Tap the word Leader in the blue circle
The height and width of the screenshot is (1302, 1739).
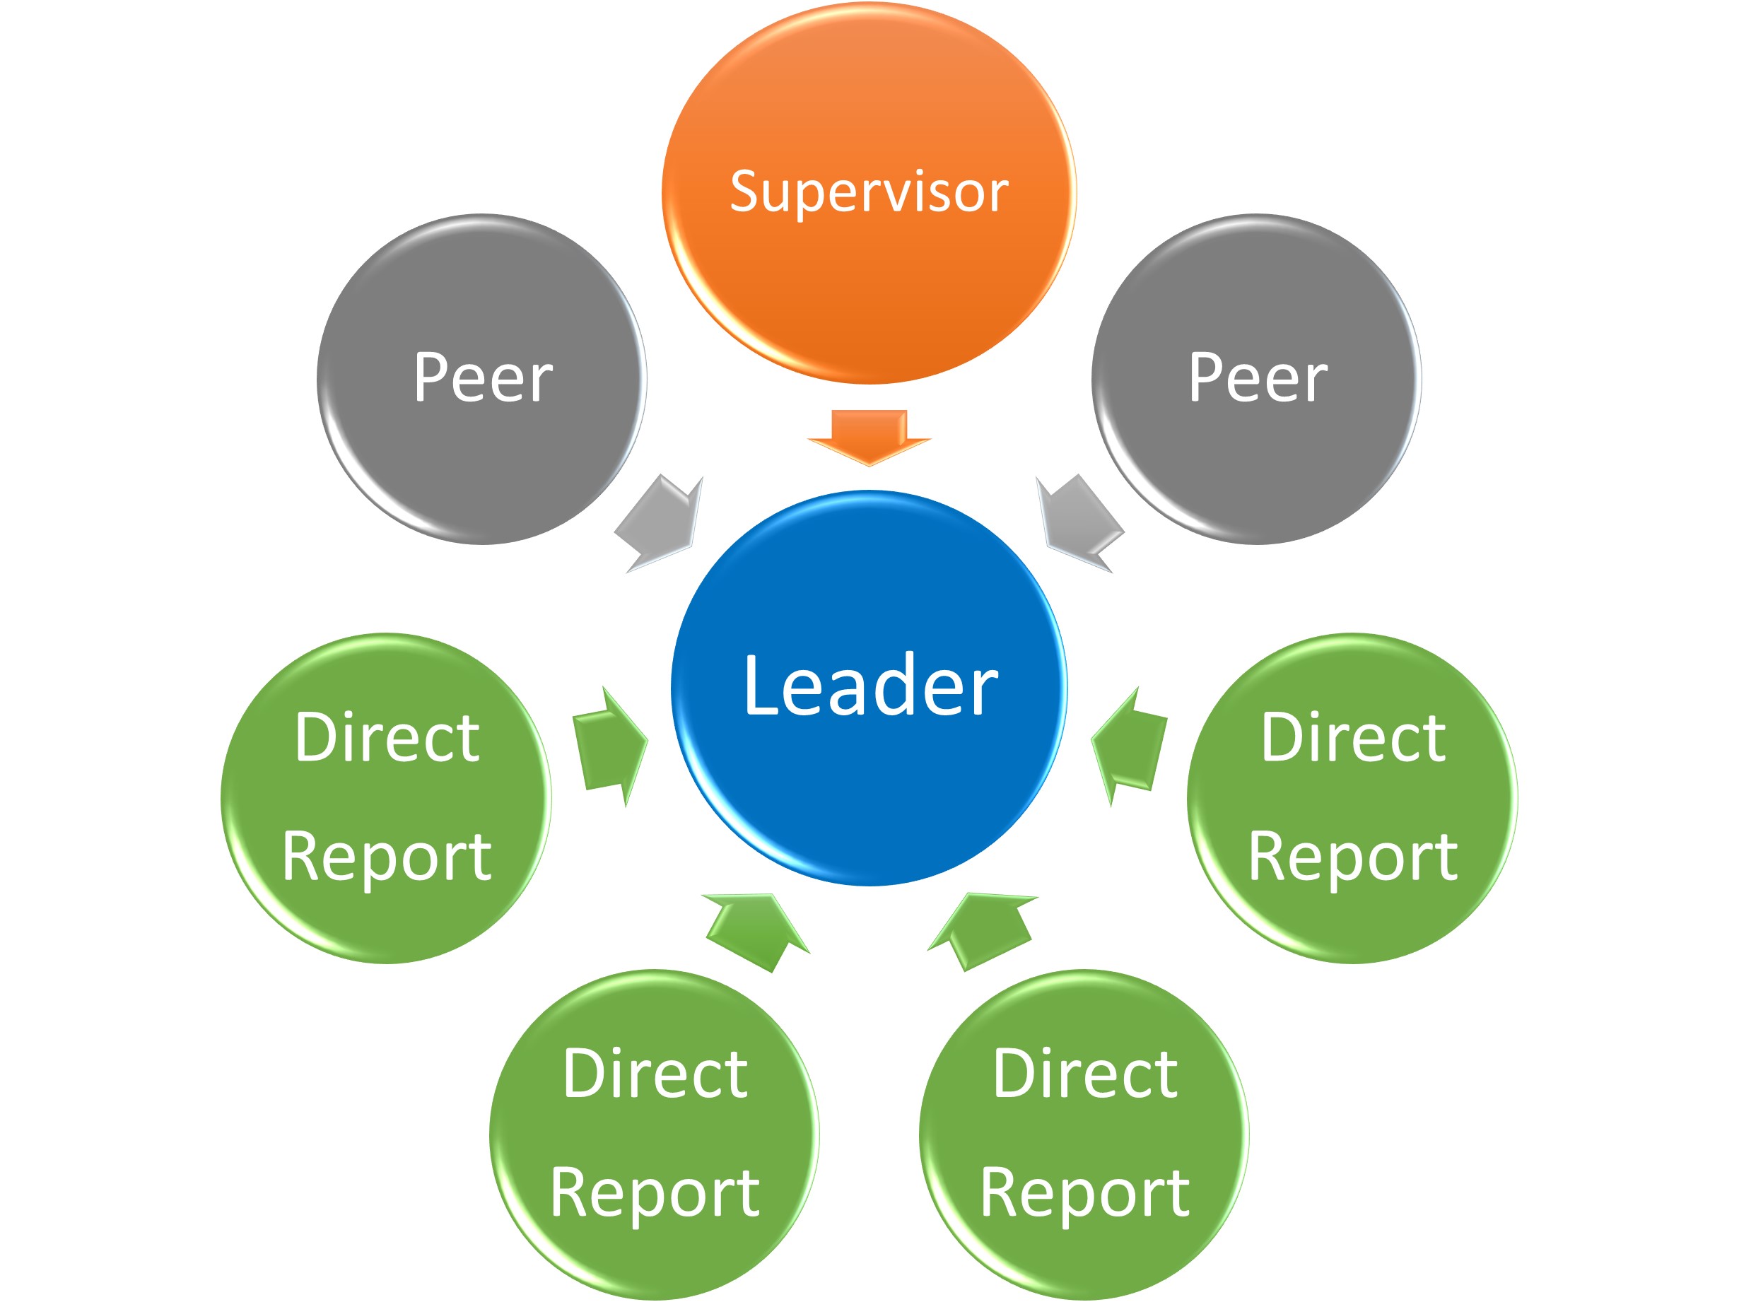[870, 686]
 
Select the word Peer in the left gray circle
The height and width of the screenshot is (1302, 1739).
[483, 378]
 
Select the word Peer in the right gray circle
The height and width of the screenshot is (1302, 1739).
[1257, 378]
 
